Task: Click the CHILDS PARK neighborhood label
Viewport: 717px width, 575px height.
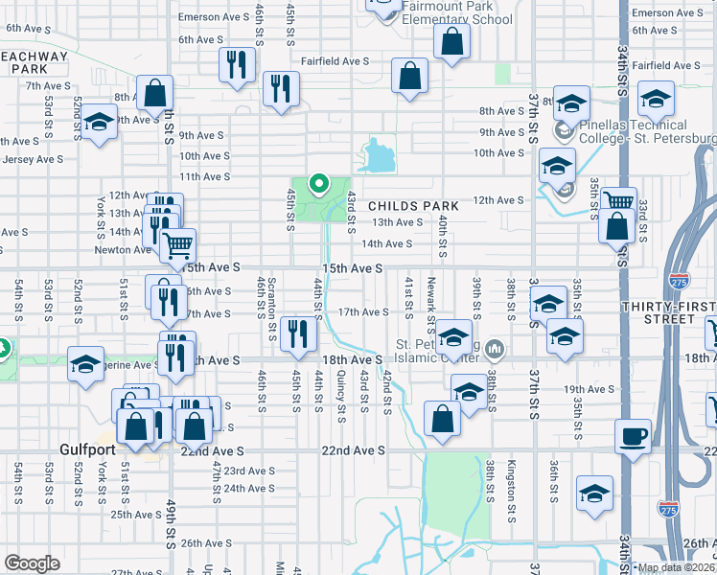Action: [x=413, y=206]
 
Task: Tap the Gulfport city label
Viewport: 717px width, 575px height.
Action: [x=86, y=449]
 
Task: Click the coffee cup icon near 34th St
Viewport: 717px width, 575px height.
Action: [x=633, y=437]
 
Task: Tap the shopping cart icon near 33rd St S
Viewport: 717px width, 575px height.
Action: [x=619, y=202]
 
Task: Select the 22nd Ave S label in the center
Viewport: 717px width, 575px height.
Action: [x=352, y=450]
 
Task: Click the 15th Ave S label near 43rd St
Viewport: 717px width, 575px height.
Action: [x=352, y=269]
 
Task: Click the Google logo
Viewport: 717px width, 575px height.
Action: [x=32, y=563]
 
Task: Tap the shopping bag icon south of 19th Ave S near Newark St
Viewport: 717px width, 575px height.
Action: [x=441, y=419]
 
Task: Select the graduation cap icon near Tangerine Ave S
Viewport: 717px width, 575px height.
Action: [x=85, y=364]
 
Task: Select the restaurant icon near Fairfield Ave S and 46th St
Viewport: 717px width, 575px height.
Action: [x=236, y=64]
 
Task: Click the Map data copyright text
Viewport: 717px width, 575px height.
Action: [x=676, y=567]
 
